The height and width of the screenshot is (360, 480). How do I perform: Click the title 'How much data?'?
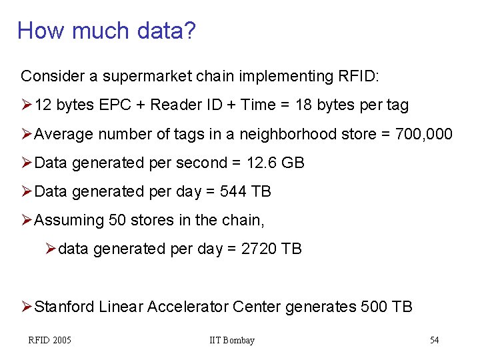click(x=107, y=30)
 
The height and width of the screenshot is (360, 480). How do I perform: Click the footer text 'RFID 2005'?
click(x=49, y=341)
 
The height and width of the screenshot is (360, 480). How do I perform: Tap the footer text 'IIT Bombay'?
click(x=232, y=341)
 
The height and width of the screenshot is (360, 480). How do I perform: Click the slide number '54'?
click(x=434, y=341)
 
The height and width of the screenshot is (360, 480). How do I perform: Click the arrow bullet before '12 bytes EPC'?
click(x=27, y=105)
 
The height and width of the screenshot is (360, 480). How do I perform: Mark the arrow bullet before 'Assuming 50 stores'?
click(x=27, y=220)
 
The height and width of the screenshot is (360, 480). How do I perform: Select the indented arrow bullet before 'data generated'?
click(x=51, y=249)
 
